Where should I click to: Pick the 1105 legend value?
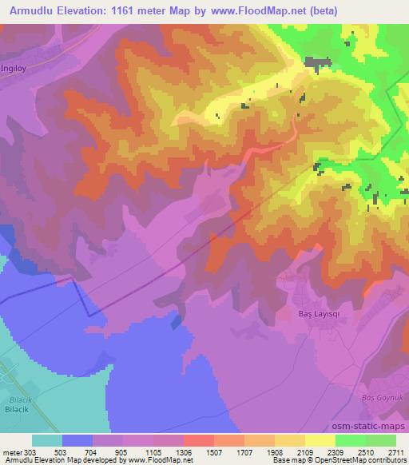point(154,453)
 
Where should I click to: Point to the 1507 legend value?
point(214,453)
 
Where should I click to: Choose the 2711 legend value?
point(397,453)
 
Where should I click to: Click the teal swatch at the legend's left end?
point(47,440)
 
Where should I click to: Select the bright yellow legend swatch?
point(320,440)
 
